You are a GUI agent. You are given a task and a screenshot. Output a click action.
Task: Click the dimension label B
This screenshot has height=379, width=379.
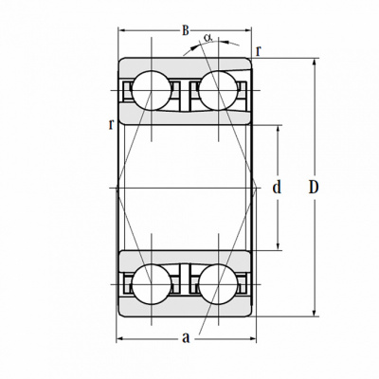(x=186, y=30)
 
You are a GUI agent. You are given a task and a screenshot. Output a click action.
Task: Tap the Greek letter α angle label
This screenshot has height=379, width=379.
(x=208, y=37)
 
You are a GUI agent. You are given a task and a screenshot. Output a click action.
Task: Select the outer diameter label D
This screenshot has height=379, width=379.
(x=314, y=188)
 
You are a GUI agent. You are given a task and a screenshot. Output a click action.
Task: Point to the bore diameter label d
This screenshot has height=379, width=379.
(x=277, y=188)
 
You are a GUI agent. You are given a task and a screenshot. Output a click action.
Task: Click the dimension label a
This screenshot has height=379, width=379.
(x=186, y=337)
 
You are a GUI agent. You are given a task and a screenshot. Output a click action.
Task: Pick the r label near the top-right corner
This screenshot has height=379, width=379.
(x=259, y=50)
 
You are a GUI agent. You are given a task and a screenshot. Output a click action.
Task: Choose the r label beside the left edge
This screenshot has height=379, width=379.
(x=111, y=124)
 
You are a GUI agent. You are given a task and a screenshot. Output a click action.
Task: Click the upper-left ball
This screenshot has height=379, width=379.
(x=152, y=90)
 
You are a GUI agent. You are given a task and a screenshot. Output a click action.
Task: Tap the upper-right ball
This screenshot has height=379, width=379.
(x=219, y=90)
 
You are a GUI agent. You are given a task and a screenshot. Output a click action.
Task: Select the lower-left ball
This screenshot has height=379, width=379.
(x=152, y=284)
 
